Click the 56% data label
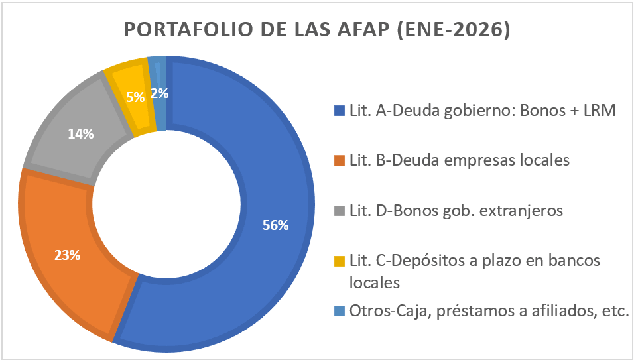point(275,225)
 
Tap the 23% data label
point(67,255)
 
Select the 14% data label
point(81,133)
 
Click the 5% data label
point(135,97)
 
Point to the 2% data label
point(159,93)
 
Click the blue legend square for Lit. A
point(340,111)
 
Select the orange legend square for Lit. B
point(340,161)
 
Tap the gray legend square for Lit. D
point(340,211)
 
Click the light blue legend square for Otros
point(340,311)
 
